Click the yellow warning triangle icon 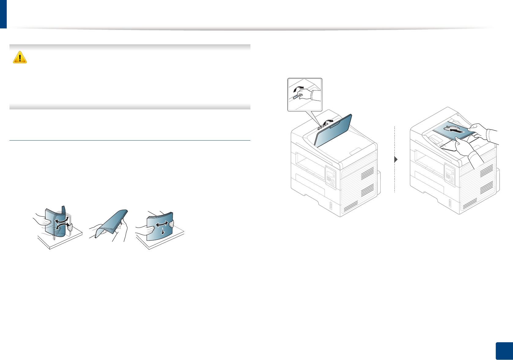(x=20, y=57)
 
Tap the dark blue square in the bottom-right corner (x=504, y=351)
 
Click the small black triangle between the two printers (x=396, y=159)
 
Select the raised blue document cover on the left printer (x=333, y=130)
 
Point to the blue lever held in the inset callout (x=295, y=97)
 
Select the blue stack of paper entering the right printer (x=452, y=130)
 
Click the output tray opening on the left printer (x=309, y=165)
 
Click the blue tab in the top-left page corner (x=3, y=14)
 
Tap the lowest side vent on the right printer (x=470, y=204)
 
